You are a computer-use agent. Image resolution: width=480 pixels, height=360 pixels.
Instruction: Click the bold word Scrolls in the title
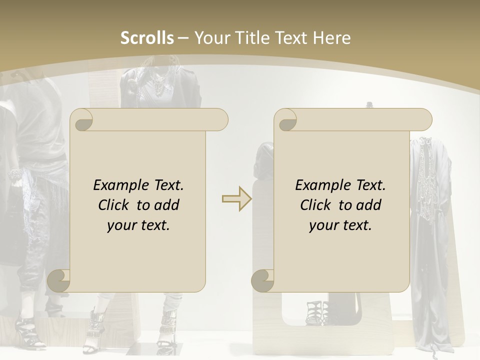147,38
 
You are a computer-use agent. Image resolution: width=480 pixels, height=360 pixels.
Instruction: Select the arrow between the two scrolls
236,199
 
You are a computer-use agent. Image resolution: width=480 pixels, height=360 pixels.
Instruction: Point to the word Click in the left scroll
115,205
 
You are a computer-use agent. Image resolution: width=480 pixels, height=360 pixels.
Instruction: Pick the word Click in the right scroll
317,205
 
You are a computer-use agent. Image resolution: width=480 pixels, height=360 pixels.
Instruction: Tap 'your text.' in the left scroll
138,225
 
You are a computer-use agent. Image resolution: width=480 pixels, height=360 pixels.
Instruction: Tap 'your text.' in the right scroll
340,225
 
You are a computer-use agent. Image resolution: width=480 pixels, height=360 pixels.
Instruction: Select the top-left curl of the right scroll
286,120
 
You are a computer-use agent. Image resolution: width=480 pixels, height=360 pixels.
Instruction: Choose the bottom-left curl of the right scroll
262,280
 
